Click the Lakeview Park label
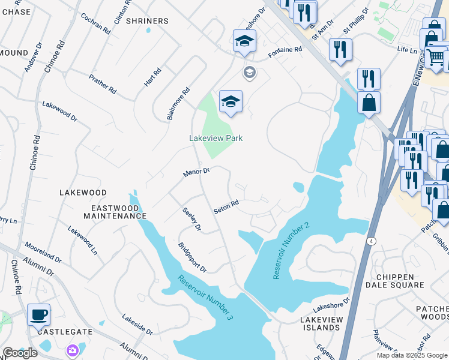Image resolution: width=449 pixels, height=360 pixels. (215, 138)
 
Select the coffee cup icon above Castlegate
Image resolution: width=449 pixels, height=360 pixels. (39, 314)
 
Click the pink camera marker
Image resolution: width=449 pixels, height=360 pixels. (73, 350)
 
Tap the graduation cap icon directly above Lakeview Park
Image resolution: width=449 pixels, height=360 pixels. (230, 102)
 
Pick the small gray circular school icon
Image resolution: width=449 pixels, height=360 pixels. (249, 73)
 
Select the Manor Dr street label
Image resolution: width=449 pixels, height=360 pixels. (196, 172)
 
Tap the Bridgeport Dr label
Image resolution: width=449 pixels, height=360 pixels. (191, 257)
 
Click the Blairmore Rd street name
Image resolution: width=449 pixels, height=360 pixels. (178, 104)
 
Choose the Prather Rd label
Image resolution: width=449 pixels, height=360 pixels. (102, 85)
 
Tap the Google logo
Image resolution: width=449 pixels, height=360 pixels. (20, 353)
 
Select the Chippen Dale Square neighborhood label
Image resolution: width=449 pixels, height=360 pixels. (402, 281)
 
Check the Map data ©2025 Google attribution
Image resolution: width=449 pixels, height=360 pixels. (411, 355)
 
